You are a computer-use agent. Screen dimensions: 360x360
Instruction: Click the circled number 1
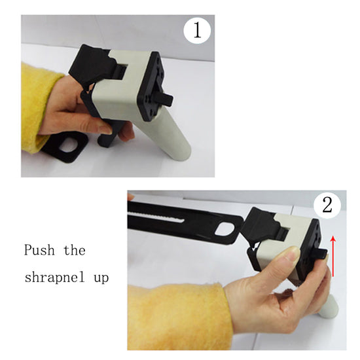[x=197, y=31]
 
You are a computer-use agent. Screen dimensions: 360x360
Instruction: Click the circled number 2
[x=327, y=205]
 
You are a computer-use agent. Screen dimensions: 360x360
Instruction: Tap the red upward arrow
[x=333, y=257]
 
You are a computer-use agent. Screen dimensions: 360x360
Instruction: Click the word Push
[x=39, y=250]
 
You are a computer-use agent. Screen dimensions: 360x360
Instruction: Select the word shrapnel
[x=54, y=278]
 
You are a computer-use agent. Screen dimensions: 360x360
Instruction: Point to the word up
[x=101, y=278]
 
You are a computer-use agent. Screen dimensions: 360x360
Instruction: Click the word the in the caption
[x=75, y=250]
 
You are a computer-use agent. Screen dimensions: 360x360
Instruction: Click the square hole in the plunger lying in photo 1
[x=68, y=144]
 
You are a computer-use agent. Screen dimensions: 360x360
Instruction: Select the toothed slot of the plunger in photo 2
[x=156, y=217]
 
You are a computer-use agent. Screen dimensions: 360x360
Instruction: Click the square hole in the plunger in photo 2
[x=225, y=230]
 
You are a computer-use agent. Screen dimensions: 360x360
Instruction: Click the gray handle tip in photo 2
[x=329, y=306]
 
